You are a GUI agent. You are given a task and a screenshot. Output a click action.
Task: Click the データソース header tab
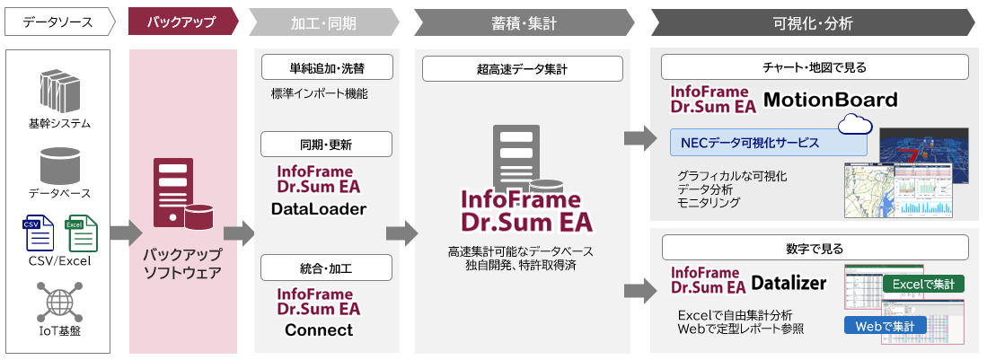click(57, 21)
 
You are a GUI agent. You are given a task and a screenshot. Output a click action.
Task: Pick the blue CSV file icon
click(38, 233)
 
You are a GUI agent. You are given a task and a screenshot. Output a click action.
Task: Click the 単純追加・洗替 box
click(327, 67)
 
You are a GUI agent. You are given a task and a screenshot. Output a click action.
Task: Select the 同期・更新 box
click(327, 145)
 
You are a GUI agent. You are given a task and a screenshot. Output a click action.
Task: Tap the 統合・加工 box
click(327, 268)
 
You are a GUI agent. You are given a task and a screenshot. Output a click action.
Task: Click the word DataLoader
click(318, 209)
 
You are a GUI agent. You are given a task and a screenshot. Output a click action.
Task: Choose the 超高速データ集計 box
click(522, 68)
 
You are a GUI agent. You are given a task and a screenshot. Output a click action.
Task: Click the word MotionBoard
click(831, 99)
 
